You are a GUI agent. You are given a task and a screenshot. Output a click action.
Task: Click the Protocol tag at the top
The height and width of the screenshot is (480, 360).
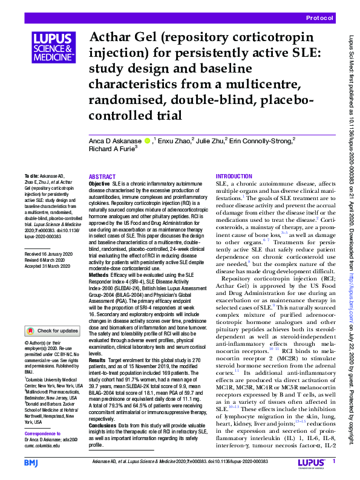(x=319, y=19)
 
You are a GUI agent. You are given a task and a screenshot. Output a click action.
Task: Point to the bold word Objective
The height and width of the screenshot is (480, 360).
(x=99, y=183)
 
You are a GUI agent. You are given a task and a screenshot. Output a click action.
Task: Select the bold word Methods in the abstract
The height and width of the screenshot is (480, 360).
(x=99, y=274)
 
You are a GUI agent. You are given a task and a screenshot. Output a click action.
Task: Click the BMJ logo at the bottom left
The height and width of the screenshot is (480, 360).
(x=31, y=462)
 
